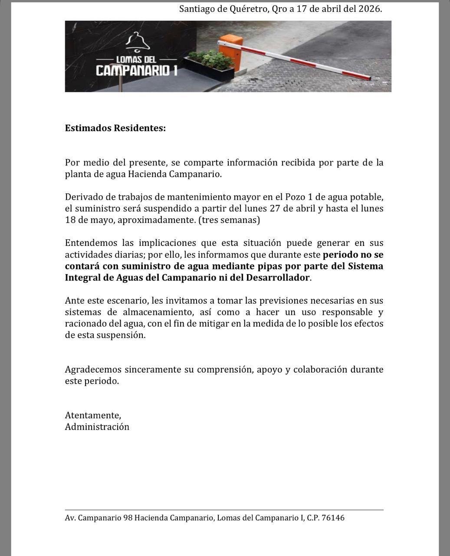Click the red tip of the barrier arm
coord(367,78)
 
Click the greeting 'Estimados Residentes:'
coord(115,128)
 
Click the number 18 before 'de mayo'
coord(70,220)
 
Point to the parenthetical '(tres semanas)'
coord(229,220)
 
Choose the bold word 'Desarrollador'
coord(278,277)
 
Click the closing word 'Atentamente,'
coord(93,415)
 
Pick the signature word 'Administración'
coord(97,427)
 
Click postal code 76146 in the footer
coord(333,518)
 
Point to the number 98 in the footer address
coord(128,518)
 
